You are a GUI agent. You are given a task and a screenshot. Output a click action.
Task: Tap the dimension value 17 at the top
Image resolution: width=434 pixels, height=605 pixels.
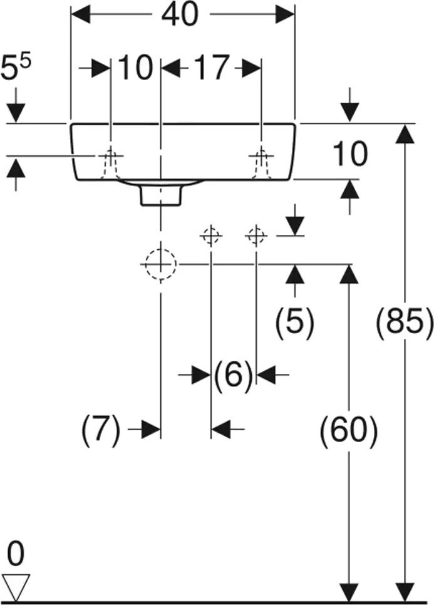210,67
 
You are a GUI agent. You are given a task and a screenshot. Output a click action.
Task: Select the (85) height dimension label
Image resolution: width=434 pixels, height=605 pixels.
404,323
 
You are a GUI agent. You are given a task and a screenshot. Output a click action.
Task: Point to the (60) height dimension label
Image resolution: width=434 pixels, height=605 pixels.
348,430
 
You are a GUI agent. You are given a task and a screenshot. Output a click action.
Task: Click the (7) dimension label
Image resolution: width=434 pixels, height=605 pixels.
100,430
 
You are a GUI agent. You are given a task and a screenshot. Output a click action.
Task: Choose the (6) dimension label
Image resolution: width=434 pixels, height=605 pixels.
233,375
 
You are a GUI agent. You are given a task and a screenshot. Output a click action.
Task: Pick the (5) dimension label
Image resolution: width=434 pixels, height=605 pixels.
294,323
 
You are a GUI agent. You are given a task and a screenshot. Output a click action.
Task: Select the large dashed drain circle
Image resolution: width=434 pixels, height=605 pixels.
161,264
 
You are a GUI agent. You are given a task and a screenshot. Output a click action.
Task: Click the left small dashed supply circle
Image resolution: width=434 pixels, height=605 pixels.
210,235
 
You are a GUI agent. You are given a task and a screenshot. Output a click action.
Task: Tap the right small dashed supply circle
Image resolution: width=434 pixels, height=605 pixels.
256,235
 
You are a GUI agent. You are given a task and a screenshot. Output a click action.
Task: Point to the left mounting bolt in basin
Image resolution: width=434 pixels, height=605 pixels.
111,165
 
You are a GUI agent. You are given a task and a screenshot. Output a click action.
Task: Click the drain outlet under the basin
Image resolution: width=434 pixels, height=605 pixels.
161,194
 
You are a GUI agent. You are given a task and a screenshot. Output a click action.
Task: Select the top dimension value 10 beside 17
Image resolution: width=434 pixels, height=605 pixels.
135,67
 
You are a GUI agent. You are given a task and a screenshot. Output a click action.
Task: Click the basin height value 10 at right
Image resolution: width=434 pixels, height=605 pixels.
348,154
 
